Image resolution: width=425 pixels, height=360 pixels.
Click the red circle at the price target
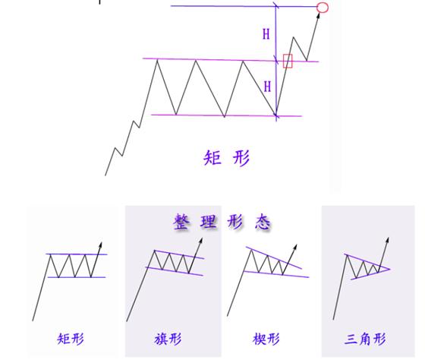click(x=323, y=8)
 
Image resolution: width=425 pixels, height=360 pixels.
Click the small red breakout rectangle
click(x=288, y=61)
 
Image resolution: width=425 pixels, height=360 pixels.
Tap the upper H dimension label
click(x=266, y=34)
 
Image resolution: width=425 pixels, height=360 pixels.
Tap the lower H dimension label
click(x=267, y=87)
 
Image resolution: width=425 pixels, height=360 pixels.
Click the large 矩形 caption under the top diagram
click(x=227, y=158)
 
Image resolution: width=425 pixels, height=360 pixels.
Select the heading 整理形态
click(x=222, y=222)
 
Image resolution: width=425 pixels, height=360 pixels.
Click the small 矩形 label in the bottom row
click(x=71, y=339)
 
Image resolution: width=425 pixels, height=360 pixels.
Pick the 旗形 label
click(x=168, y=339)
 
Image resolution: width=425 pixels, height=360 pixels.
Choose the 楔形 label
click(x=266, y=339)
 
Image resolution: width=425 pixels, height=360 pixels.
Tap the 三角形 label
click(x=365, y=339)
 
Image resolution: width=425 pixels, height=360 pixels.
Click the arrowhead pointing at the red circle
click(x=319, y=15)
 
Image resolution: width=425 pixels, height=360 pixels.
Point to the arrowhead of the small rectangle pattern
click(x=100, y=245)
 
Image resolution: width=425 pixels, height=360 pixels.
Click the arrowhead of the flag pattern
click(x=201, y=241)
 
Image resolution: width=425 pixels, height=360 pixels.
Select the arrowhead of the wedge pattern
click(x=295, y=247)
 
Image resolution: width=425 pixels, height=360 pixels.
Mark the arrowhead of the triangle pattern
click(x=388, y=240)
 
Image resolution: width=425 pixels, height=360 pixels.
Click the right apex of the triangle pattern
click(x=390, y=269)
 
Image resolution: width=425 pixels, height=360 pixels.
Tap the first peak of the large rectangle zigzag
click(x=157, y=60)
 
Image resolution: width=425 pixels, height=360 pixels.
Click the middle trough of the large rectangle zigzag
click(x=225, y=117)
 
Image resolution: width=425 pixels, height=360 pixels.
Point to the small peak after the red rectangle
click(x=294, y=37)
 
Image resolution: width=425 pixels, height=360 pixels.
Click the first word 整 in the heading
click(x=181, y=222)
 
